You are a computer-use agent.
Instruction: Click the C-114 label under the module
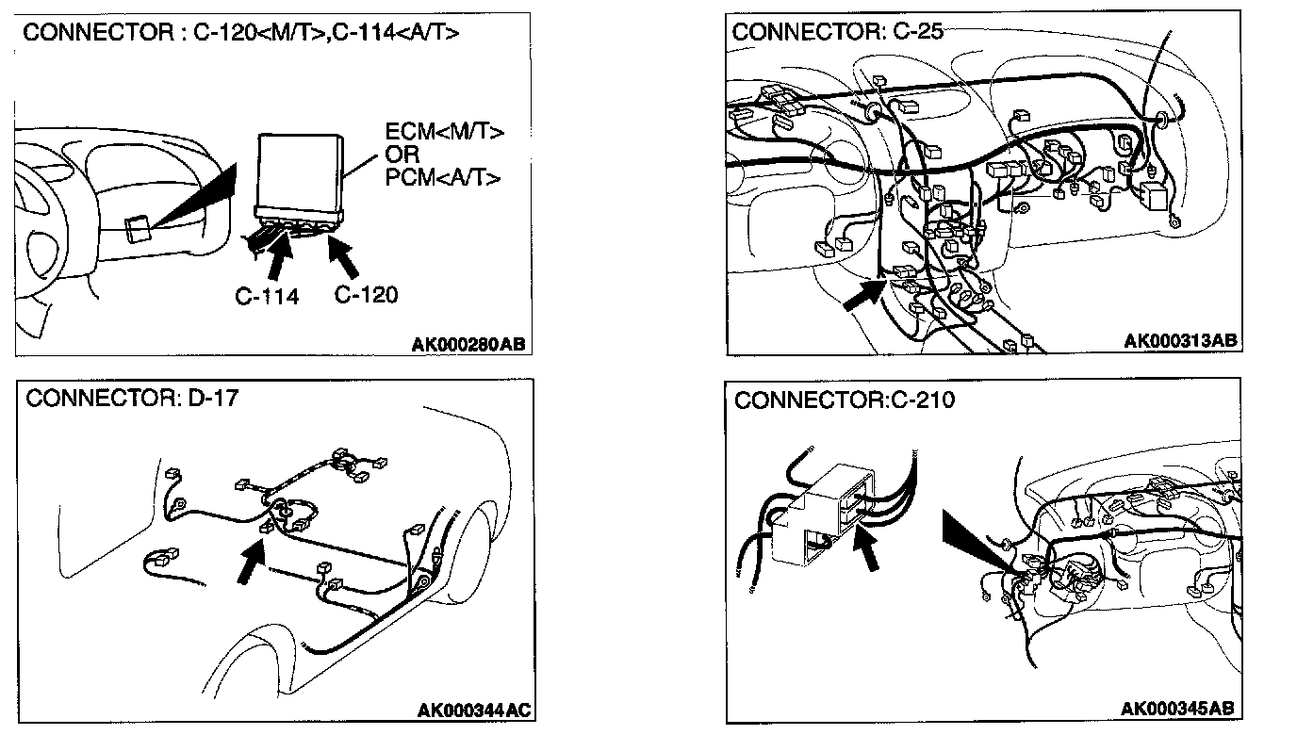point(267,296)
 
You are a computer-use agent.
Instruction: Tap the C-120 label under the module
point(367,294)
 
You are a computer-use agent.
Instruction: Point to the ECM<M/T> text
point(444,133)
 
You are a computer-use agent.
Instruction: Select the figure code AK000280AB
point(468,345)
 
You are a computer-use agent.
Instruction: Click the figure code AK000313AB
point(1180,341)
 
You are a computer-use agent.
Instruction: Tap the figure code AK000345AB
point(1178,708)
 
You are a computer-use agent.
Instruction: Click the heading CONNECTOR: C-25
point(838,31)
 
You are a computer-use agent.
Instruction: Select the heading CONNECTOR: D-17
point(132,398)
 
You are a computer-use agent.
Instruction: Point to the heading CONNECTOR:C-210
point(844,400)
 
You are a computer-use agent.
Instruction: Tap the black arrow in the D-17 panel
point(250,562)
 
